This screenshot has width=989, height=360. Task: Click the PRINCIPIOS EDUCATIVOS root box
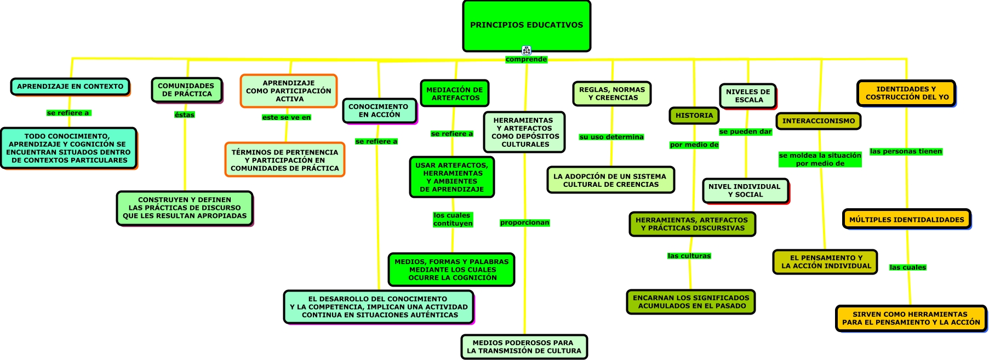(527, 26)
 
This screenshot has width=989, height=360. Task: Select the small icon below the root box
(527, 50)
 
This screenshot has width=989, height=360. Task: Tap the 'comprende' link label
(526, 59)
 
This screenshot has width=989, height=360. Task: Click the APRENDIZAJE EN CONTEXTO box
(70, 87)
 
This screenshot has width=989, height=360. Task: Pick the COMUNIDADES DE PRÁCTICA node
(186, 90)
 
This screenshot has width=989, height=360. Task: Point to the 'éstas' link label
(185, 115)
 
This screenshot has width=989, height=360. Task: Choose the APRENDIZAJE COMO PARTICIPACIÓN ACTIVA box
(289, 91)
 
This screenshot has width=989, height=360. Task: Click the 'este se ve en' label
(286, 117)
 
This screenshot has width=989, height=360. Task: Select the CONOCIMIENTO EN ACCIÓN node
(379, 111)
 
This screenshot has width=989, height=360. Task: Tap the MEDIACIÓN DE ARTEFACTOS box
(454, 94)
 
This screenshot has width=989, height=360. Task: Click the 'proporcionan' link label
(524, 222)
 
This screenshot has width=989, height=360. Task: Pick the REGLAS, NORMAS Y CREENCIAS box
(612, 94)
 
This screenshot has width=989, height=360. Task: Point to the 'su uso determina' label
(611, 137)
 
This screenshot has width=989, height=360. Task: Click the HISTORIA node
(694, 116)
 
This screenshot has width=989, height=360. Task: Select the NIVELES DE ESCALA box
(748, 96)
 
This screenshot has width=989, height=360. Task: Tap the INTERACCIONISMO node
(818, 121)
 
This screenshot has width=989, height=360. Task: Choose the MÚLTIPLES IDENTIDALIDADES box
(906, 220)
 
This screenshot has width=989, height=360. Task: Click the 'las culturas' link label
(689, 256)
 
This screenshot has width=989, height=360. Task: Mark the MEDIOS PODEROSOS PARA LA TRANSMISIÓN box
(524, 347)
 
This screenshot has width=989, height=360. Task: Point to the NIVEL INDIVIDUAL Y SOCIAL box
(745, 191)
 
